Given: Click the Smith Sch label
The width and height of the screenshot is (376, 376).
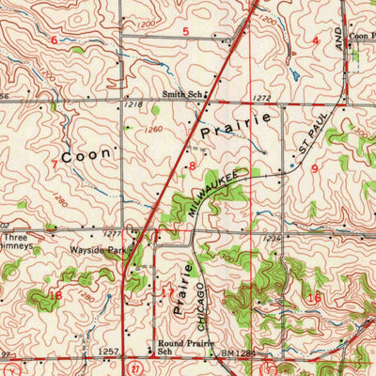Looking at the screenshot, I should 181,94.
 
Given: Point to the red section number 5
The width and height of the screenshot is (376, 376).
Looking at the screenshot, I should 185,33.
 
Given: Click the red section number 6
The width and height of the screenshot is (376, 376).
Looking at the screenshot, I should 54,39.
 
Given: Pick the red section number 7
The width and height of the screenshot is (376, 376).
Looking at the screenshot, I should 54,164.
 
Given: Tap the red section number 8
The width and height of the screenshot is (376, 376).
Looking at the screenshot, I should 193,165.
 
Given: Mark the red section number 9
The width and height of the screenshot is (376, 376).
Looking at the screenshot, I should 314,167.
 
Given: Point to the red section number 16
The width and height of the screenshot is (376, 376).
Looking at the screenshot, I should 314,297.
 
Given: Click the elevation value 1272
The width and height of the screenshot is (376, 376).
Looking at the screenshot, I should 261,97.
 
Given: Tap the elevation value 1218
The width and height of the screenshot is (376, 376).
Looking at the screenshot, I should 132,106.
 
